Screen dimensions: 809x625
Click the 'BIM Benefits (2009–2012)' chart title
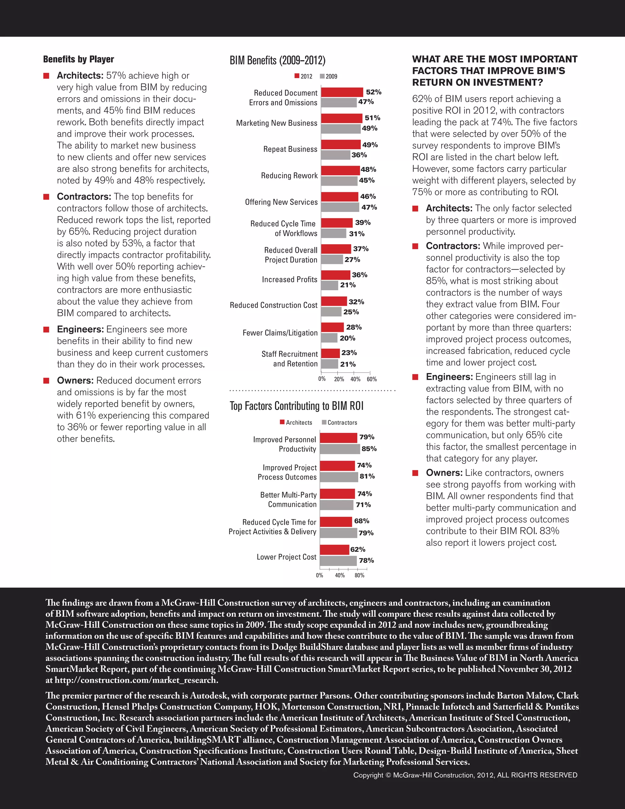277,60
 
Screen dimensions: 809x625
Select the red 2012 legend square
297,76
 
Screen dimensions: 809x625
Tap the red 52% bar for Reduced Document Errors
342,92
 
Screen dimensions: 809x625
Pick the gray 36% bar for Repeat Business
335,155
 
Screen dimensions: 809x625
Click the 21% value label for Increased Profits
348,285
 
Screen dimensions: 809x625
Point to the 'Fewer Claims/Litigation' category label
280,333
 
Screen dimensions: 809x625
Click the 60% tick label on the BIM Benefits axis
371,379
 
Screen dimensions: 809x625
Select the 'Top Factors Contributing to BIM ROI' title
296,406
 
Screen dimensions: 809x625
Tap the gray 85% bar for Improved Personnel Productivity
340,449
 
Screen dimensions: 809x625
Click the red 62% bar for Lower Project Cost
334,549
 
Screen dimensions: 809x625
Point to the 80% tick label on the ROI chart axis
359,575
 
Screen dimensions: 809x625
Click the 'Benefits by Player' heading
78,59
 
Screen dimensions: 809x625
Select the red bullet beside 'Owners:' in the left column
46,380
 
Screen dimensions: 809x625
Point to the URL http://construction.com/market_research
136,680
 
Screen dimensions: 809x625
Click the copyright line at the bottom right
465,775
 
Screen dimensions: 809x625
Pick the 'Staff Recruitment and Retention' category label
290,359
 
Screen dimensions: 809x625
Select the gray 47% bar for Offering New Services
340,207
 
